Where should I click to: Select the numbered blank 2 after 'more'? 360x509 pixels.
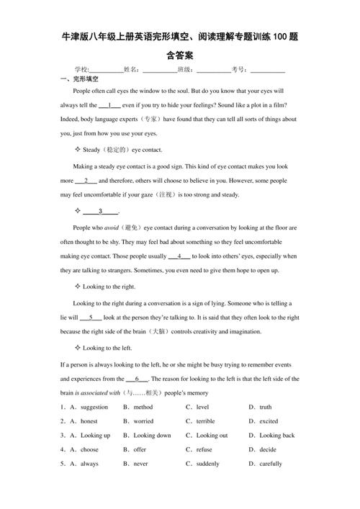point(86,181)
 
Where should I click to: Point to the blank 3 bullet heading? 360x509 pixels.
point(101,211)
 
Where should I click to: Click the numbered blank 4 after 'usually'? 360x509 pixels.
point(179,256)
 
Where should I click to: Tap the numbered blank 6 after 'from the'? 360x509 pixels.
point(137,379)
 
